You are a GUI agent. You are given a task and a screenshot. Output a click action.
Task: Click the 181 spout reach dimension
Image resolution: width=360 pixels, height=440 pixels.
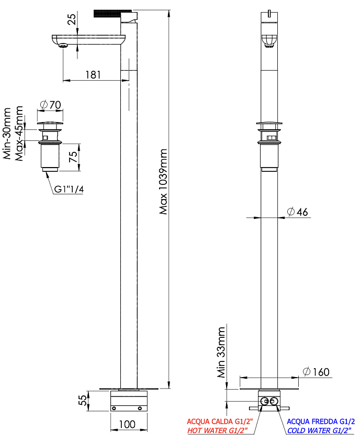click(x=93, y=75)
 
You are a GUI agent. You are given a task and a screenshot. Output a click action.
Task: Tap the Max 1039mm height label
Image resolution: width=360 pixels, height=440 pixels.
click(x=163, y=182)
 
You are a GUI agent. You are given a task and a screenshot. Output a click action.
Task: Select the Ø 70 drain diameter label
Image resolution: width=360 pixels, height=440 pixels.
click(x=50, y=105)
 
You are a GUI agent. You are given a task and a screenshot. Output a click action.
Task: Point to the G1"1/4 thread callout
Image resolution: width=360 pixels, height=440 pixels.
click(x=69, y=189)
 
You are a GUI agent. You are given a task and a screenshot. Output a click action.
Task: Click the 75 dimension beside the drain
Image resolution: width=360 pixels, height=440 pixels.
click(x=73, y=157)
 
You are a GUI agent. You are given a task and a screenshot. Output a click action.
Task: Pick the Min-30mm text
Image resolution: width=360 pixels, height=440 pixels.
click(x=7, y=134)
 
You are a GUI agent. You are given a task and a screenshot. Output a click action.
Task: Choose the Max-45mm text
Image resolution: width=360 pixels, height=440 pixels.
click(x=19, y=134)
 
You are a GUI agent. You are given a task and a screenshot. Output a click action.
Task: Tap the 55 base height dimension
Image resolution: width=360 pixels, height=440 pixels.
click(x=83, y=400)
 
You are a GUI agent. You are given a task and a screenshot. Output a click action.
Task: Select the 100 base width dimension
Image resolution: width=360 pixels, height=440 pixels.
click(x=127, y=424)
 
